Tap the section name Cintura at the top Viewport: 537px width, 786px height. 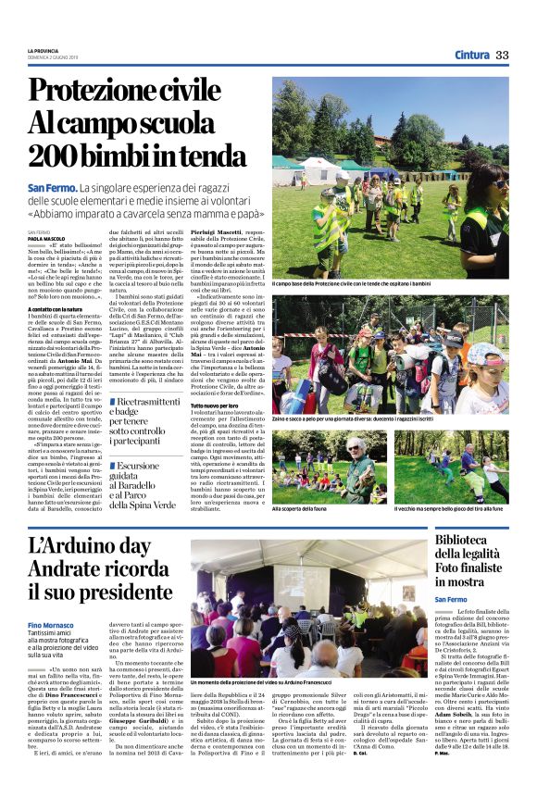pyautogui.click(x=472, y=55)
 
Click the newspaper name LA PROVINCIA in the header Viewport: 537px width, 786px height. pyautogui.click(x=43, y=49)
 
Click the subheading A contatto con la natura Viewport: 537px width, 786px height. pyautogui.click(x=56, y=307)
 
